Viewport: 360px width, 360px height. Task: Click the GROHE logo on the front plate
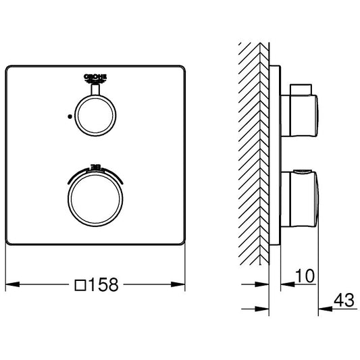pos(96,78)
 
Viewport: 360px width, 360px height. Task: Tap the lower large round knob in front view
pos(96,198)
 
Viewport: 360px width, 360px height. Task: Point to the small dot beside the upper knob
pos(69,116)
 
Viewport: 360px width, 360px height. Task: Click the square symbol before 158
pos(80,286)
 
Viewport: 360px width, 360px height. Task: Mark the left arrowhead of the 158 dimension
pos(9,286)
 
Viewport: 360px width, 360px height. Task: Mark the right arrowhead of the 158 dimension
pos(182,286)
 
